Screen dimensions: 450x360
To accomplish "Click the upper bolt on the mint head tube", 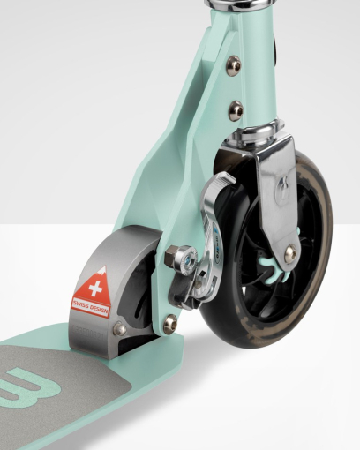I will (233, 66).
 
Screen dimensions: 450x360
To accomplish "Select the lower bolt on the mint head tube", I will (235, 110).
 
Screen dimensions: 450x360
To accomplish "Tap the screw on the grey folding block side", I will (118, 330).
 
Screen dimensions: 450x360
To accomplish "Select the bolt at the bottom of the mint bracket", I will (169, 325).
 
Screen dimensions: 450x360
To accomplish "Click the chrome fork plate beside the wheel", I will (278, 194).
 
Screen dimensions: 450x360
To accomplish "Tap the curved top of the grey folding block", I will (115, 243).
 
